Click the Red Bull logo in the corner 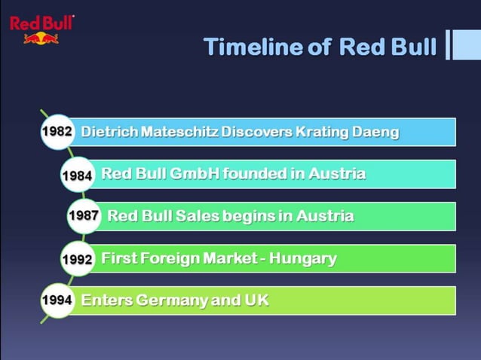[x=41, y=29]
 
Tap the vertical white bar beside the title [x=449, y=44]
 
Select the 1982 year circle [x=57, y=132]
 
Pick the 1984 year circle [x=77, y=175]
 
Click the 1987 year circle [x=84, y=216]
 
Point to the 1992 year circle [x=77, y=258]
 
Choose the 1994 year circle [x=57, y=301]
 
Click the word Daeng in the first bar [x=375, y=133]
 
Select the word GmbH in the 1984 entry [x=195, y=174]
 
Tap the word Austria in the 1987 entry [x=325, y=216]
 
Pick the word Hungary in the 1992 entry [x=303, y=259]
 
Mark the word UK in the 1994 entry [x=256, y=301]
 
